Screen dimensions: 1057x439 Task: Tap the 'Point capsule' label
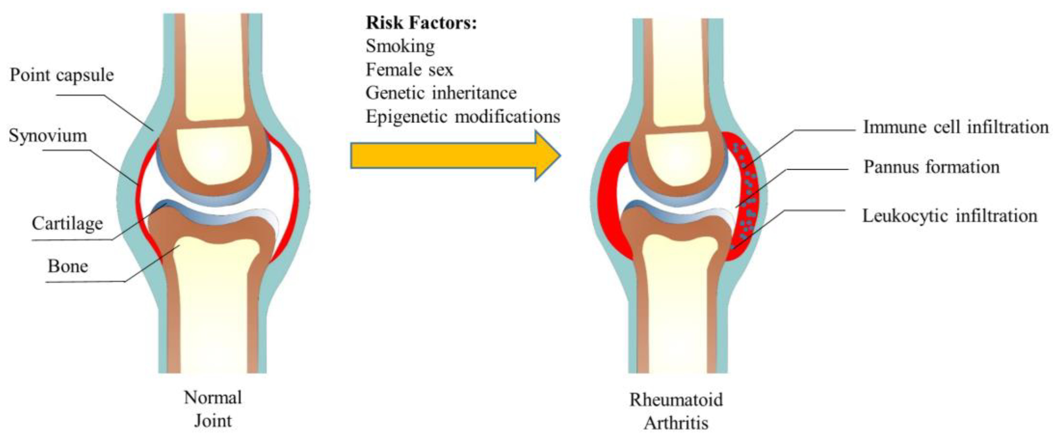pyautogui.click(x=62, y=75)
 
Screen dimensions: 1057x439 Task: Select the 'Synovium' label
pyautogui.click(x=48, y=136)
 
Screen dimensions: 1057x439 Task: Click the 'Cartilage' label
pyautogui.click(x=67, y=224)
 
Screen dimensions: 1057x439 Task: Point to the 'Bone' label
pyautogui.click(x=68, y=266)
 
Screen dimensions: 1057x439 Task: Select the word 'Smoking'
pyautogui.click(x=400, y=46)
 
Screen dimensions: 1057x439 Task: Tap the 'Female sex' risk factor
pyautogui.click(x=409, y=69)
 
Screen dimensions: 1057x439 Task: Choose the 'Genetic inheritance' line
pyautogui.click(x=441, y=93)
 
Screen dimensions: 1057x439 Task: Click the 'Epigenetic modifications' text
pyautogui.click(x=463, y=117)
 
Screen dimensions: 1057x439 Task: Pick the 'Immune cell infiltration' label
pyautogui.click(x=956, y=127)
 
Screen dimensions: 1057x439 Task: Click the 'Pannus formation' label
pyautogui.click(x=932, y=167)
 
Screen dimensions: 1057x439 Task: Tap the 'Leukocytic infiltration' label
pyautogui.click(x=950, y=215)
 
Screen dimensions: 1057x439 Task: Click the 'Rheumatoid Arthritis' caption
pyautogui.click(x=676, y=411)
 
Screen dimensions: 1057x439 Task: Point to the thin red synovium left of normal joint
pyautogui.click(x=140, y=197)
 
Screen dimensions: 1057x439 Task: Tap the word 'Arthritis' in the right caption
pyautogui.click(x=676, y=423)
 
